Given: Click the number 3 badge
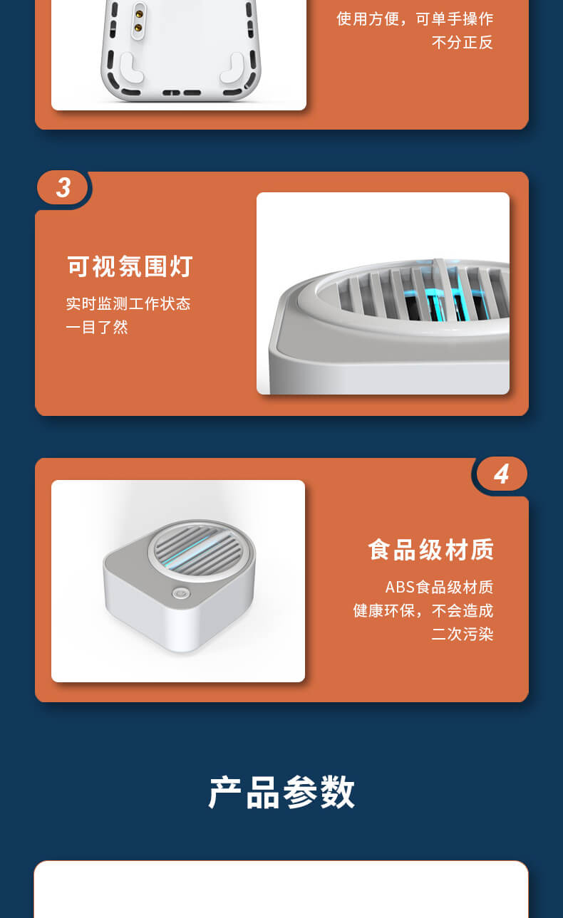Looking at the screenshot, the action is (x=63, y=188).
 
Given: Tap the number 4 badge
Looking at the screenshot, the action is (x=502, y=474).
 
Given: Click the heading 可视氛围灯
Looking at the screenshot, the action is (x=130, y=266).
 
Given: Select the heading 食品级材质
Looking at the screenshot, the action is (x=430, y=549).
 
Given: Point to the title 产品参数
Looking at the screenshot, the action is (x=281, y=792).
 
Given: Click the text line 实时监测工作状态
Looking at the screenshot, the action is (x=128, y=303).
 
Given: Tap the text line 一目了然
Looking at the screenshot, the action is (x=97, y=327).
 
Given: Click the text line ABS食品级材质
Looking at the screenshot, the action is (x=439, y=587).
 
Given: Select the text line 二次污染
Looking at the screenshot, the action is (x=463, y=634).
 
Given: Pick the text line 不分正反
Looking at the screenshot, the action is (x=463, y=42).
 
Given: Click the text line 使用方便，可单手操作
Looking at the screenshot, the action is (x=415, y=19).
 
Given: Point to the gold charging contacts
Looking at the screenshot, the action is (x=138, y=21).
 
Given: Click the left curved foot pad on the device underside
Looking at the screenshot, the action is (x=131, y=68).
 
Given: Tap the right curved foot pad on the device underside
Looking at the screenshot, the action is (x=232, y=68).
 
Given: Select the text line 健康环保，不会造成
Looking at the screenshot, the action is (x=423, y=610).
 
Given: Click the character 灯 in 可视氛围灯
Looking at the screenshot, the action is (x=181, y=266).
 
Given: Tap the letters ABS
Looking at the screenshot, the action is (x=401, y=587).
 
